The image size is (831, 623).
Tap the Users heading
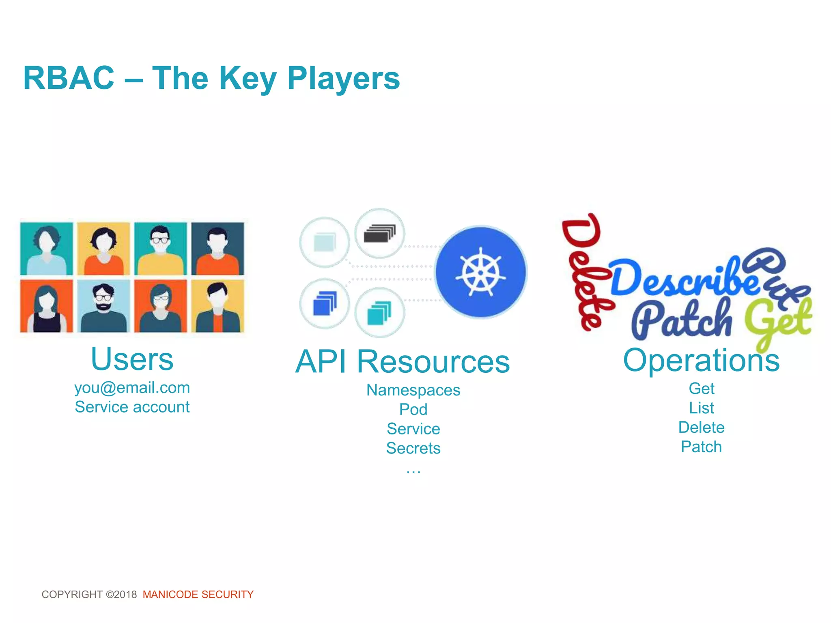(x=132, y=359)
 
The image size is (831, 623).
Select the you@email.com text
(x=132, y=388)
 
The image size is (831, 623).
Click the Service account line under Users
(x=132, y=407)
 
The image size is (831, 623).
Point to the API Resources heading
(x=403, y=362)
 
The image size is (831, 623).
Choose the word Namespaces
(x=413, y=390)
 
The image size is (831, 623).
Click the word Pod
(x=413, y=410)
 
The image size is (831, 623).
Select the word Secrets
(x=413, y=448)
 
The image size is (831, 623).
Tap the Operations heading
(x=701, y=360)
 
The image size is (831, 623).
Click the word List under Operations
(x=701, y=408)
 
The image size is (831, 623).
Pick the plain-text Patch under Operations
(x=701, y=447)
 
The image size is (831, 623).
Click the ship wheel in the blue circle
(x=481, y=272)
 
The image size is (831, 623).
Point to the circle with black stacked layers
(x=379, y=234)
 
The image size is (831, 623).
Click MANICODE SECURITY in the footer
(x=198, y=595)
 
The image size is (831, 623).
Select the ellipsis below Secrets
(x=413, y=471)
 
